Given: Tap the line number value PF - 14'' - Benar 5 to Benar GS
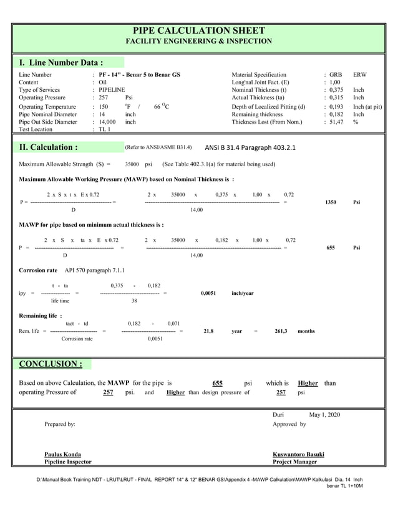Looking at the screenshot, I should tap(139, 75).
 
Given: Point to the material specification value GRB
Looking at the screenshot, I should tap(336, 75).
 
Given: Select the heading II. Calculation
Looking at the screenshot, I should tap(49, 148).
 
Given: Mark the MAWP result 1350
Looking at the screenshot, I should tap(331, 202).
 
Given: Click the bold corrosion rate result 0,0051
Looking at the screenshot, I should tap(208, 293).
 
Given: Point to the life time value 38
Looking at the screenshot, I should tap(133, 301).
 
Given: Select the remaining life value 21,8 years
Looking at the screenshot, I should tap(208, 331).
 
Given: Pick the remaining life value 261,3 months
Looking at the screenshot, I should tap(281, 331).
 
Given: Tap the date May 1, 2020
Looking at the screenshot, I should tap(324, 414).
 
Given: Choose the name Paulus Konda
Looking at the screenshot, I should tap(62, 454).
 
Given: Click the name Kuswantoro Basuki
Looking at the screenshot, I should tap(298, 454).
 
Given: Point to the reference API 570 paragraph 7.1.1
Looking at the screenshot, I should tap(95, 270).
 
